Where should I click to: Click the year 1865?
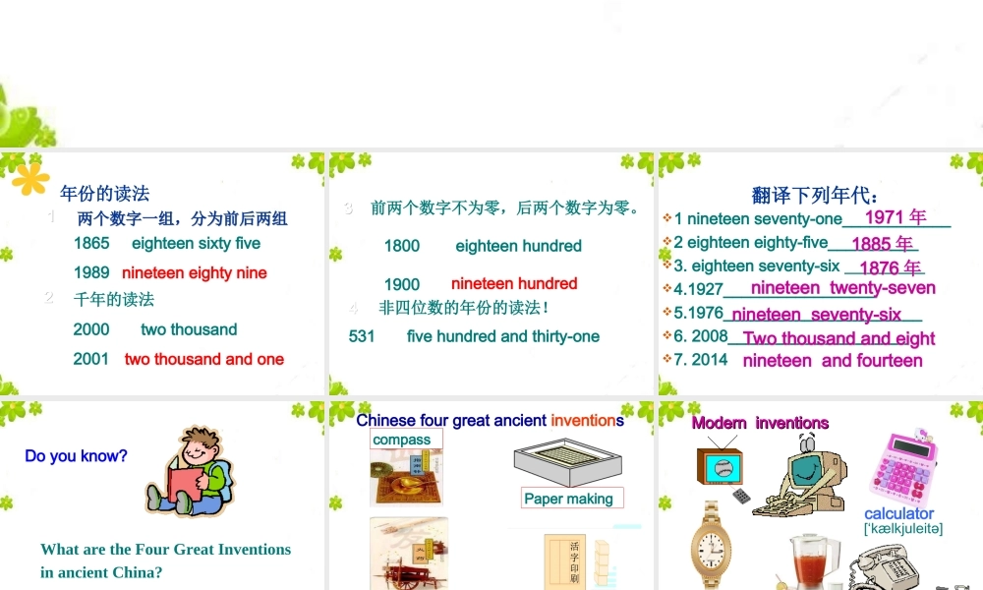tap(91, 243)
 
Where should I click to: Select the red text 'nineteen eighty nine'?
tap(195, 272)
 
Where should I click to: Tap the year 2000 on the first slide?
tap(91, 329)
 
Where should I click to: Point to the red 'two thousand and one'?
tap(204, 359)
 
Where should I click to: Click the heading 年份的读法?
tap(105, 193)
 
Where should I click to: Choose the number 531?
tap(362, 336)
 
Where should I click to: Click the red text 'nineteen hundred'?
tap(514, 283)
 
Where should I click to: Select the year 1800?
tap(402, 246)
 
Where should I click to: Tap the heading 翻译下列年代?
tap(815, 195)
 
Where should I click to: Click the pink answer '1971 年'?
tap(895, 216)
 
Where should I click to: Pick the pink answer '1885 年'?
tap(882, 243)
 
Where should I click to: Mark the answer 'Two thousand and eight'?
tap(838, 338)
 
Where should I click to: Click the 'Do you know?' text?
tap(76, 455)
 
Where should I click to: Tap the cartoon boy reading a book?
tap(191, 471)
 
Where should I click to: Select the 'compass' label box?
tap(402, 440)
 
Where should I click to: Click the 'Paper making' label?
tap(568, 499)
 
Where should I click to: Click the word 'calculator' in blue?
tap(898, 513)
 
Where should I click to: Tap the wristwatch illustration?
tap(710, 547)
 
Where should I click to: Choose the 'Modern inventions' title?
tap(760, 423)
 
